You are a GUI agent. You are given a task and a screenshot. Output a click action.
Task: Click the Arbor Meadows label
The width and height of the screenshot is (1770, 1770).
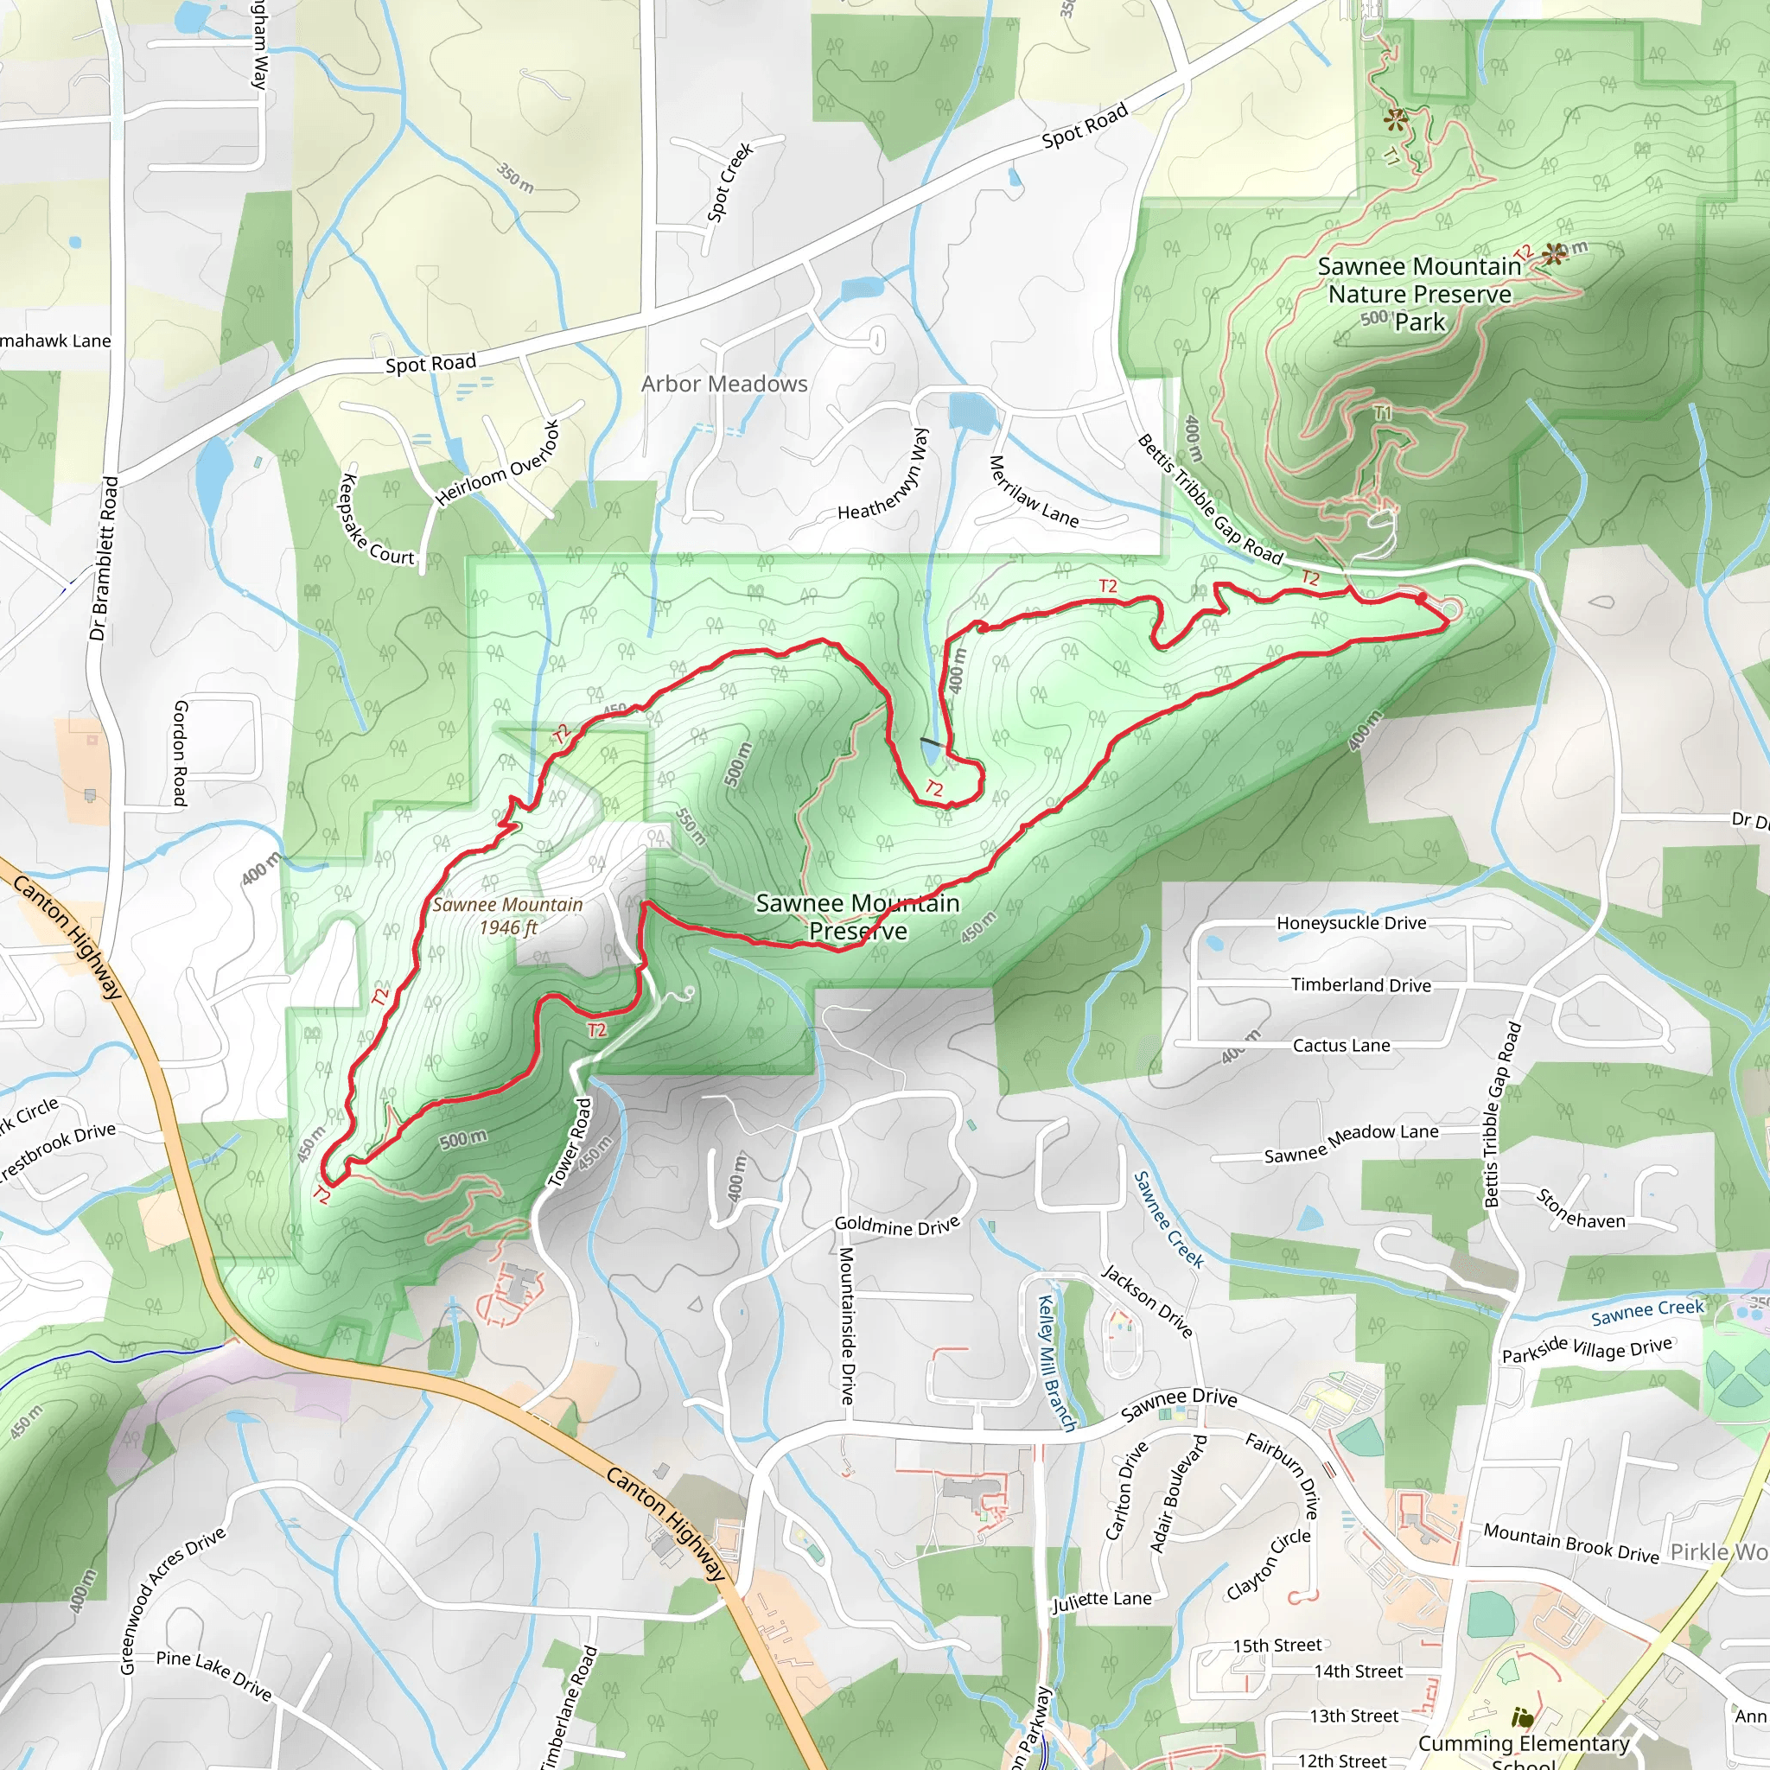723,384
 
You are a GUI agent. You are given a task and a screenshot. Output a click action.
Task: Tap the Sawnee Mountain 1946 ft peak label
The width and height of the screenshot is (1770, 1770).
507,915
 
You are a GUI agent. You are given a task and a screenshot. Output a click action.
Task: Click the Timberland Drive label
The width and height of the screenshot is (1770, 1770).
1360,985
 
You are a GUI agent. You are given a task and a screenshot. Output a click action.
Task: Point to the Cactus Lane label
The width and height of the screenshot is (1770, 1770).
1341,1046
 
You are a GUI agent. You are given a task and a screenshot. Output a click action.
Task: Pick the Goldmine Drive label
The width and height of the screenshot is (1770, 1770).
897,1226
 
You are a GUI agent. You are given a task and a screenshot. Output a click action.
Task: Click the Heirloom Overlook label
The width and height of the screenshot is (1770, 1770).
498,463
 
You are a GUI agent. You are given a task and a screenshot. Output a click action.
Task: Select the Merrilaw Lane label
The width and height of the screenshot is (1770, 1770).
1034,492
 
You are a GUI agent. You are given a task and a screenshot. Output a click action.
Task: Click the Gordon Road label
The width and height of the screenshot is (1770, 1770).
180,753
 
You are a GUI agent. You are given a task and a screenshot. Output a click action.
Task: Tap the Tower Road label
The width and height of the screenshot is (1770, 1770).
570,1143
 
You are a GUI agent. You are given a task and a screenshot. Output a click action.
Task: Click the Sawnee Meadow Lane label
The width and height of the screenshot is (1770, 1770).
1352,1143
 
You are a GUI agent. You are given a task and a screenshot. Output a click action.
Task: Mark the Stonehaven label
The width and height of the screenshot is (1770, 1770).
1581,1209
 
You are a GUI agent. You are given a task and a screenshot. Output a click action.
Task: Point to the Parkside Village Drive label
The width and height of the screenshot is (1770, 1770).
1587,1348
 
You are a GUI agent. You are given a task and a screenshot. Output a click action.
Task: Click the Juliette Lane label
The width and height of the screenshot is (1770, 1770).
1101,1599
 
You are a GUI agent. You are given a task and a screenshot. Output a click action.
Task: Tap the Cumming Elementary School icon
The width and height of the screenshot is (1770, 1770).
1522,1717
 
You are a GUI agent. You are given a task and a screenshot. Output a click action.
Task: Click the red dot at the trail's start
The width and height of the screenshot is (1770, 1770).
1421,598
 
